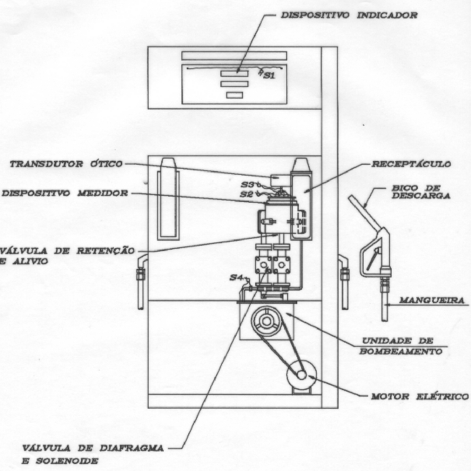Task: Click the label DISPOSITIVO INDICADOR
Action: click(x=349, y=15)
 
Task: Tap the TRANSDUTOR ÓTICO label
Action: click(x=66, y=164)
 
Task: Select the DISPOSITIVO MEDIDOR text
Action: click(x=65, y=193)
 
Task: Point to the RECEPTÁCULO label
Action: click(x=411, y=164)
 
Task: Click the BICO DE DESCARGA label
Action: click(x=420, y=192)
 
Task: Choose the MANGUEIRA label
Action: click(x=432, y=300)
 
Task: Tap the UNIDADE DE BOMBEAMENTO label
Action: click(x=401, y=346)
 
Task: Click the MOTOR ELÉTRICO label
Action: click(x=420, y=397)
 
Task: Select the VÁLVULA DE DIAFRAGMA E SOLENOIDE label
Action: click(x=93, y=454)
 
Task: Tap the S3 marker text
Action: click(x=248, y=184)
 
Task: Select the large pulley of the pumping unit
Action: click(x=266, y=321)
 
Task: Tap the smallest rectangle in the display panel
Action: click(x=234, y=95)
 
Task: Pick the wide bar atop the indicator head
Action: click(x=234, y=56)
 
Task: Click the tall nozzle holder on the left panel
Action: click(x=168, y=199)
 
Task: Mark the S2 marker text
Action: click(x=247, y=194)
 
